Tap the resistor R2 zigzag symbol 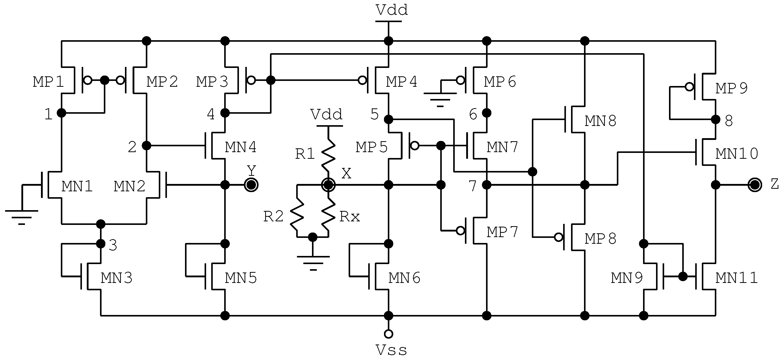(297, 214)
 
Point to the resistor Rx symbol (328, 214)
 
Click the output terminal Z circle (755, 185)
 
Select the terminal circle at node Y (251, 185)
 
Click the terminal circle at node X (328, 185)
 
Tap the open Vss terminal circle (389, 334)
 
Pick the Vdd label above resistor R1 (326, 115)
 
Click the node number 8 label (729, 121)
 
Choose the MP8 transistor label (600, 239)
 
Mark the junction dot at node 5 (389, 119)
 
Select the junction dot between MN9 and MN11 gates (683, 277)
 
